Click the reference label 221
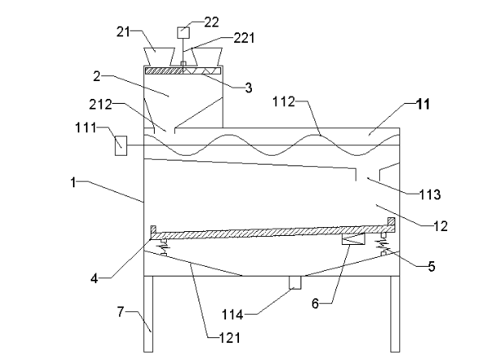(245, 38)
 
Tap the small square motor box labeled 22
(183, 32)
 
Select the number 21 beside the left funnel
(123, 32)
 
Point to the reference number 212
(100, 105)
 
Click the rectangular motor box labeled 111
(121, 145)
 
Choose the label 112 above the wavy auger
(284, 101)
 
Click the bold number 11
(423, 105)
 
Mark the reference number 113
(430, 195)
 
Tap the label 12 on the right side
(441, 226)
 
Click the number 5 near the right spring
(432, 267)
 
